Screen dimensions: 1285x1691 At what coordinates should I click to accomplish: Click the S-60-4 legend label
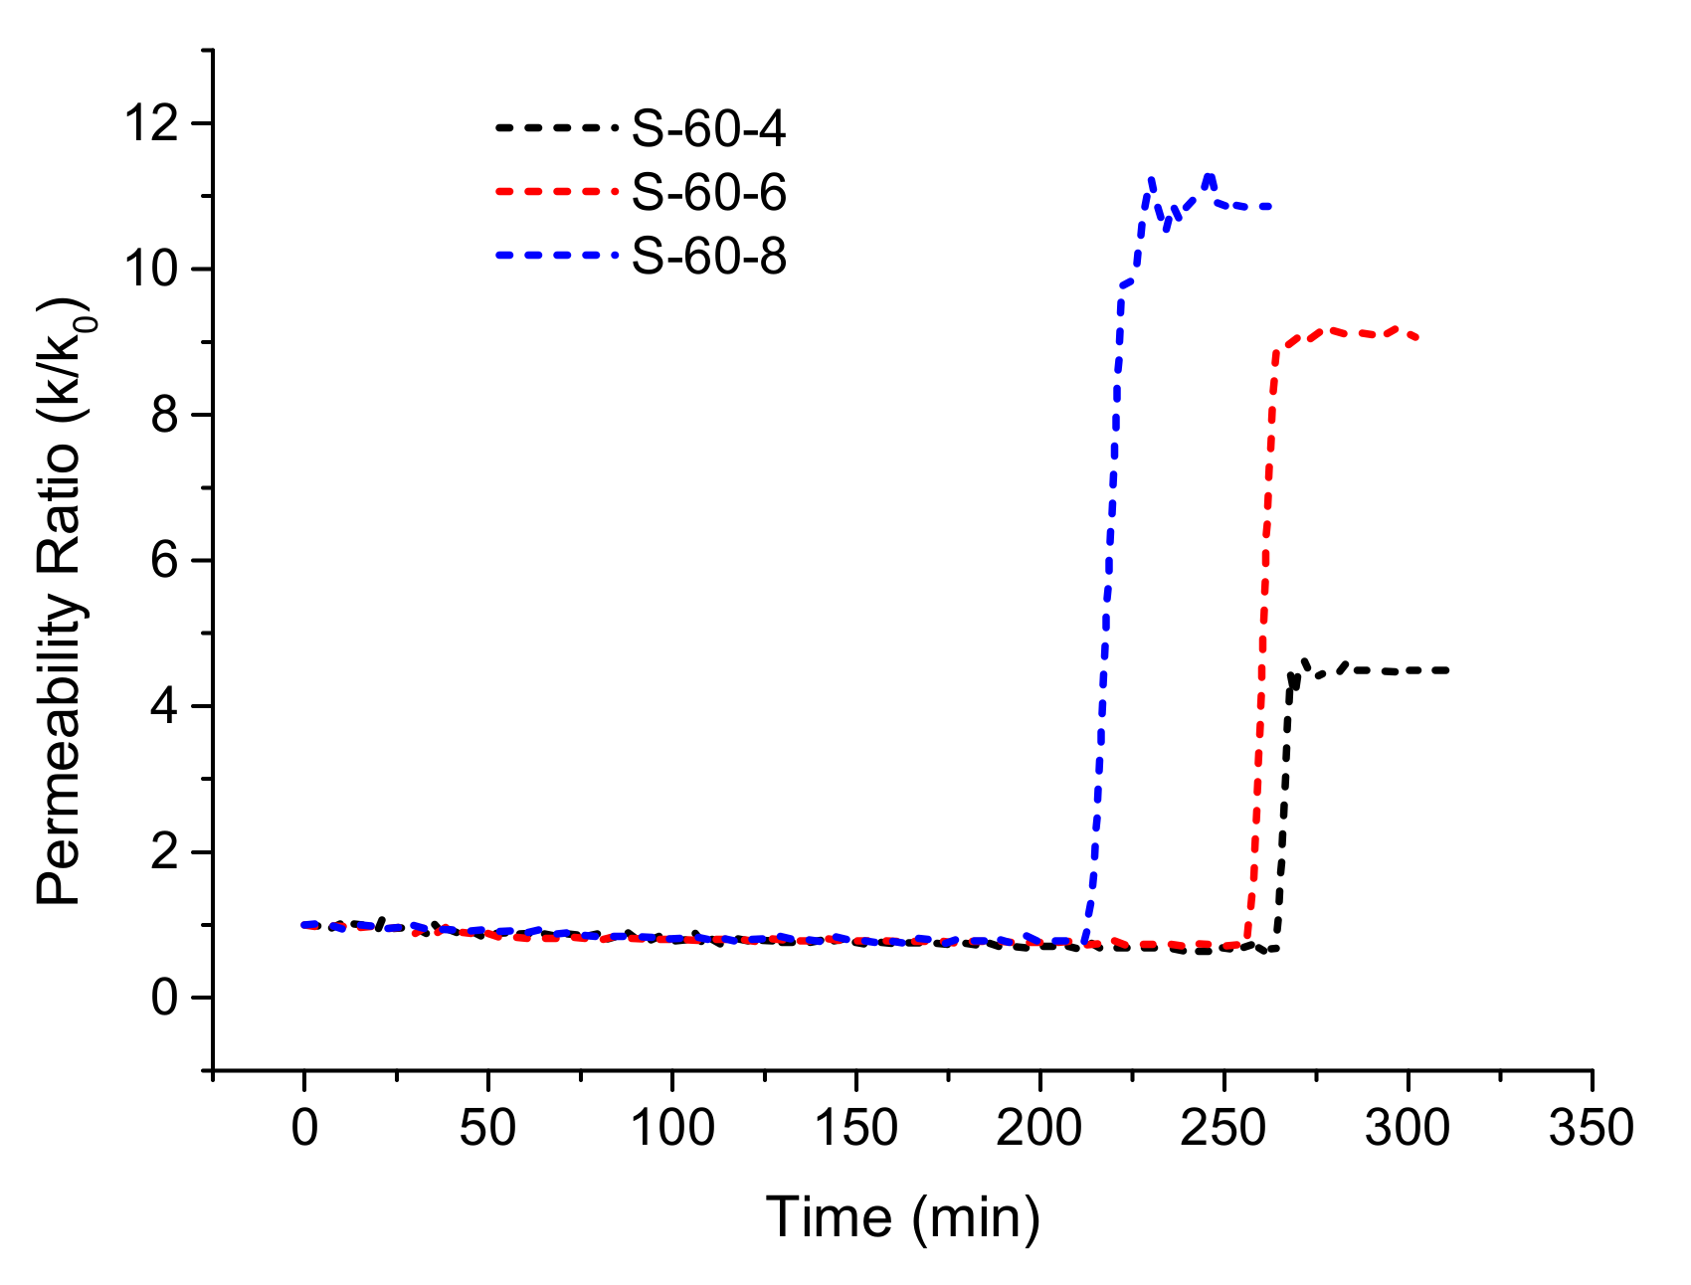(x=709, y=129)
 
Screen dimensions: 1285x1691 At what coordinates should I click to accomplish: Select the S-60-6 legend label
(x=709, y=192)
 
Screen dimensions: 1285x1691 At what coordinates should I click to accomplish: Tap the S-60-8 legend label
(x=709, y=257)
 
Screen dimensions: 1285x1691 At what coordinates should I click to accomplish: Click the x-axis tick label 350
(x=1592, y=1129)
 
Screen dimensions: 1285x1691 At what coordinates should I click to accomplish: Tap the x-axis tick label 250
(x=1223, y=1129)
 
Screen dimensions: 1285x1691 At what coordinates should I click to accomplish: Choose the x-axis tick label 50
(x=487, y=1129)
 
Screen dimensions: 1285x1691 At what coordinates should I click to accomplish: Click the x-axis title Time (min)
(x=902, y=1217)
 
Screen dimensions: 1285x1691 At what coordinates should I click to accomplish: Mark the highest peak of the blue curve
(x=1210, y=176)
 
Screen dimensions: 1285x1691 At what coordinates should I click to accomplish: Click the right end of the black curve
(x=1447, y=670)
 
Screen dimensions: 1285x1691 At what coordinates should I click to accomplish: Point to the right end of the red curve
(x=1416, y=339)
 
